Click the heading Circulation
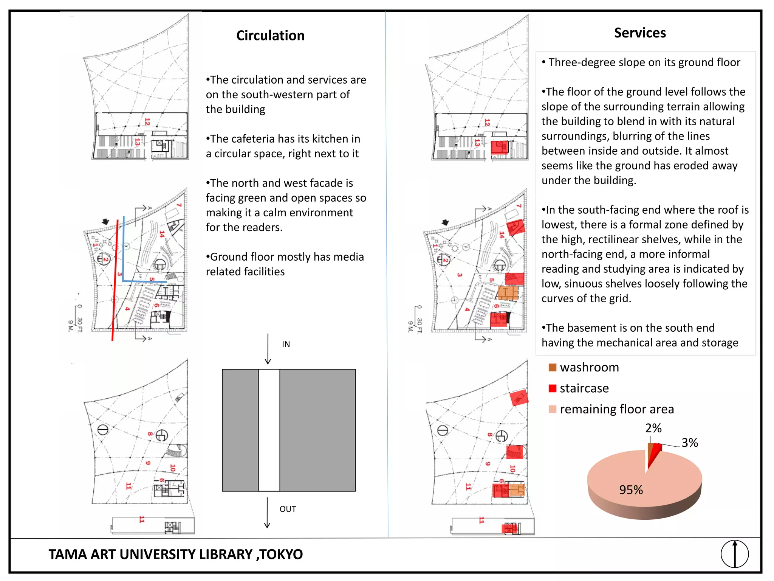pyautogui.click(x=270, y=36)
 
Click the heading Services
pyautogui.click(x=639, y=33)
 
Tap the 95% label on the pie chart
pyautogui.click(x=630, y=490)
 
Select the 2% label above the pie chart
pyautogui.click(x=653, y=428)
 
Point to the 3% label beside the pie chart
pyautogui.click(x=689, y=443)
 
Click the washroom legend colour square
pyautogui.click(x=552, y=367)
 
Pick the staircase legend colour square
pyautogui.click(x=552, y=388)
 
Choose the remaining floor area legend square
pyautogui.click(x=552, y=409)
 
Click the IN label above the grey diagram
pyautogui.click(x=286, y=344)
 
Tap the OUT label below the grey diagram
pyautogui.click(x=288, y=509)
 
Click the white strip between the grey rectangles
pyautogui.click(x=269, y=430)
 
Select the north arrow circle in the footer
pyautogui.click(x=734, y=554)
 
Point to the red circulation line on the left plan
pyautogui.click(x=115, y=280)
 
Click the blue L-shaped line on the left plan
pyautogui.click(x=124, y=257)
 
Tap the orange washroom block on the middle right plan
pyautogui.click(x=508, y=292)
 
